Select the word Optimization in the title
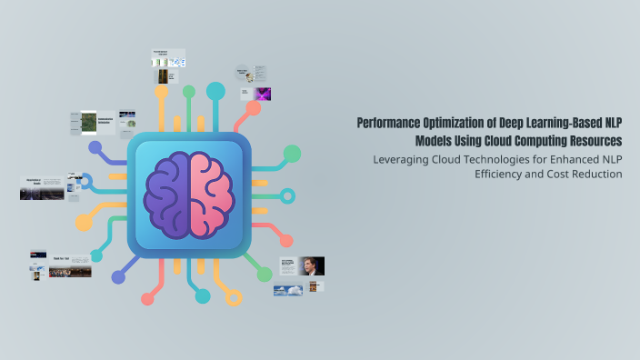coord(456,123)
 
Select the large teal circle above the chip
coord(215,91)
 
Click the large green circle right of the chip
coord(292,154)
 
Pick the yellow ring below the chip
coord(234,297)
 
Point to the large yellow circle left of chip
coord(84,223)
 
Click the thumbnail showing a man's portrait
coord(312,266)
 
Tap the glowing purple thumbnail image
coord(263,94)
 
